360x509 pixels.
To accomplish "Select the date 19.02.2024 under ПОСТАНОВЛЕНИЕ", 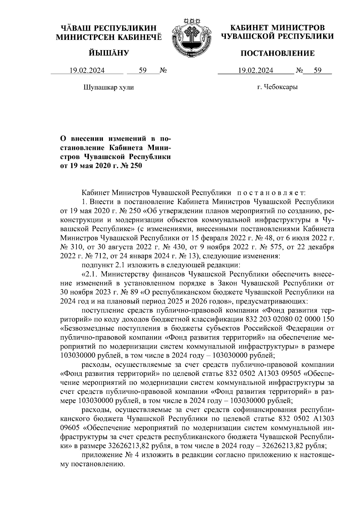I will [x=256, y=71].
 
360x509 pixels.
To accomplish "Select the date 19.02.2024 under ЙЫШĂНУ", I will [x=87, y=71].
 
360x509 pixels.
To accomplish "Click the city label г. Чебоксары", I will [x=277, y=88].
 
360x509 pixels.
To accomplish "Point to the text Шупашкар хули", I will [x=108, y=88].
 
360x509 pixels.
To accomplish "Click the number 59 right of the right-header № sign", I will [x=318, y=71].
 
